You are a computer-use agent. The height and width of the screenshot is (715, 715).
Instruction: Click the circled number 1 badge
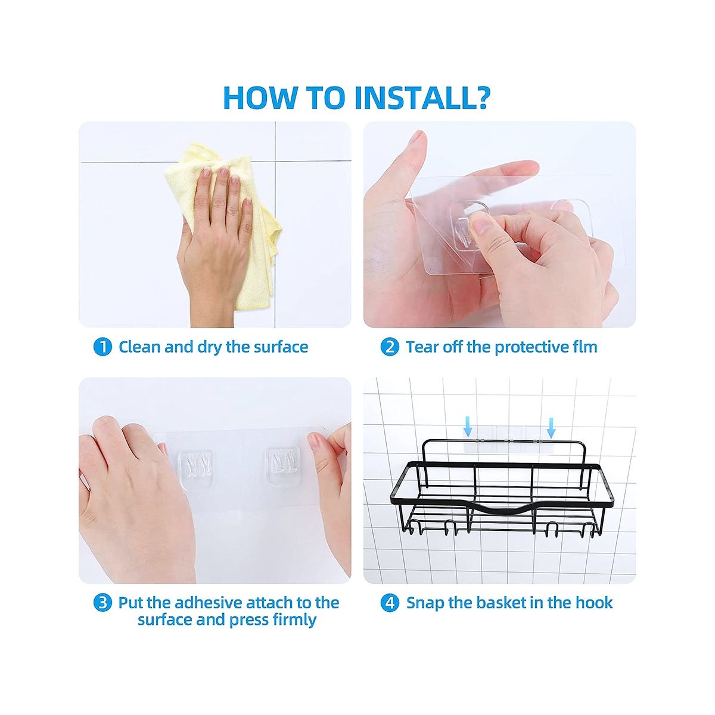pyautogui.click(x=102, y=347)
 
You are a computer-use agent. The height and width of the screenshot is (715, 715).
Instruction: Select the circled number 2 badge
pyautogui.click(x=390, y=347)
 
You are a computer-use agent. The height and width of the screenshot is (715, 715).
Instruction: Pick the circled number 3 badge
pyautogui.click(x=102, y=603)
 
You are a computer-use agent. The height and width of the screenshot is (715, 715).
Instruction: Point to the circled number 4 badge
pyautogui.click(x=390, y=603)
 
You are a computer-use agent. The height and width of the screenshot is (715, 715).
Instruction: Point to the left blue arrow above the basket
pyautogui.click(x=468, y=427)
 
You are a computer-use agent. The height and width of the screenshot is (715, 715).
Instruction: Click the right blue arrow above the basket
pyautogui.click(x=551, y=428)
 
